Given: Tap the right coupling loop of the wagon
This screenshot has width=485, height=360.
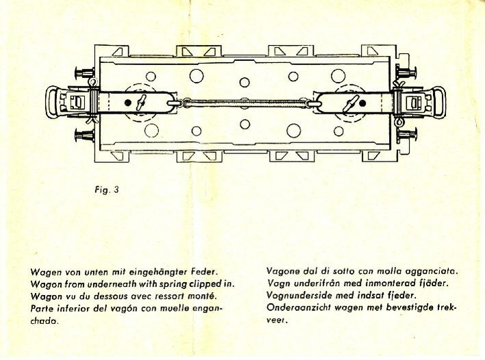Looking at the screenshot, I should [436, 104].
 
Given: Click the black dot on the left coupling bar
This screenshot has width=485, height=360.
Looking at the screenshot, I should [128, 103].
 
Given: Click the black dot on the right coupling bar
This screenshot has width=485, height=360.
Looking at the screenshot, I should [362, 103].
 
